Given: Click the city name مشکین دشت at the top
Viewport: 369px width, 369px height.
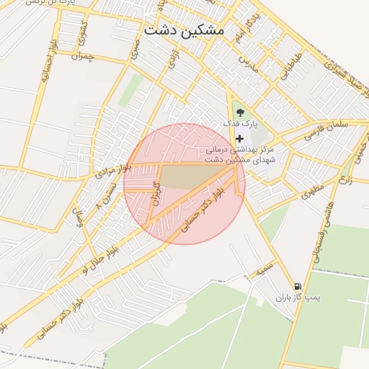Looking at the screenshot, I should [x=184, y=30].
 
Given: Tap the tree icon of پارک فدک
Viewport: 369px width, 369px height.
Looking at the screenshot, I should [x=240, y=112].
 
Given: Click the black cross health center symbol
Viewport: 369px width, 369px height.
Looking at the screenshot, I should [x=240, y=137].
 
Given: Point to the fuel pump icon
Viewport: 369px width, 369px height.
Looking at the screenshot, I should [x=298, y=286].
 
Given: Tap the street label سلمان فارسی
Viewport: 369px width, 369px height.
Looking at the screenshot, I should [x=325, y=130].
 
